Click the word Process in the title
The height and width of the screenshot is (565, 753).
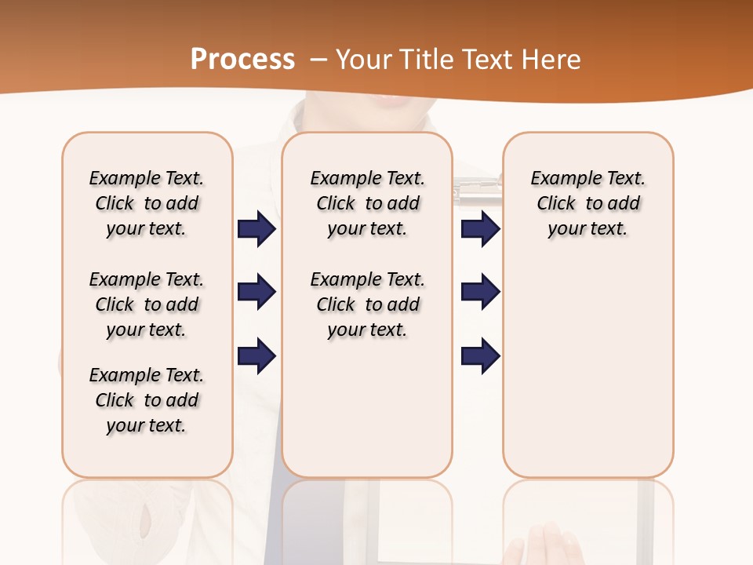242,60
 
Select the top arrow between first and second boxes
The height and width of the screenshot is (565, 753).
256,229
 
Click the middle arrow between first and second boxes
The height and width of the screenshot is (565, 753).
256,292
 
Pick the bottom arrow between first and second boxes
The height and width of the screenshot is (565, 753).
256,356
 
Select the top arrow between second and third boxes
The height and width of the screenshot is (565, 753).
480,229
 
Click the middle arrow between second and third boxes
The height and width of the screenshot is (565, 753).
480,292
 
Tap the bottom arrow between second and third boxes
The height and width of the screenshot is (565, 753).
480,356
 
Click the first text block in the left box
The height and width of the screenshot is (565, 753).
147,203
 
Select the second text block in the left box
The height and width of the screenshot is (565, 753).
147,304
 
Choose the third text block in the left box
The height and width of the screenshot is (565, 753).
147,400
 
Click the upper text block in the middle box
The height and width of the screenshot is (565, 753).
367,203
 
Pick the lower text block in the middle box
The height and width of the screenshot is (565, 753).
367,304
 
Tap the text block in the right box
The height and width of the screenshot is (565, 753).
587,203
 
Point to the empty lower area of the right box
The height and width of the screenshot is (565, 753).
587,361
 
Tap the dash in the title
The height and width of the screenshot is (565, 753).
318,60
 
